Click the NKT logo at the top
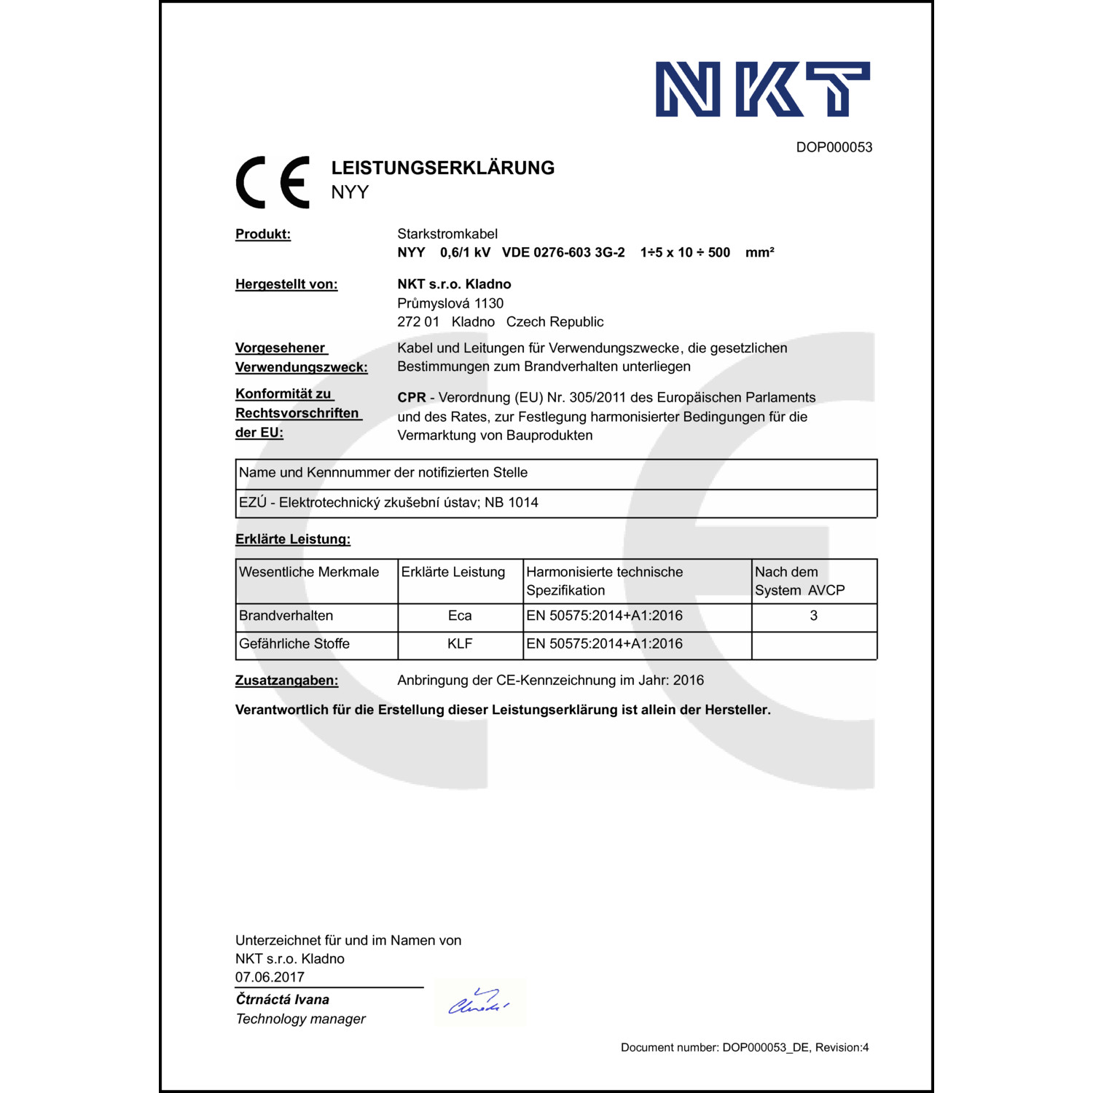762,89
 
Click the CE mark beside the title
273,182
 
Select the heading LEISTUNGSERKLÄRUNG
442,168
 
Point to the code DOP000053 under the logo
834,147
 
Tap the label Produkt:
263,234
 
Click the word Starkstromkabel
447,234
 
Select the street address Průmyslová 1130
450,303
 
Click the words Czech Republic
555,322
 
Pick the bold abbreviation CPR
412,398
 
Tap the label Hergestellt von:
286,284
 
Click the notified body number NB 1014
512,503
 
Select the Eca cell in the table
460,616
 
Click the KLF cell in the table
460,644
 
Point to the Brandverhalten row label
286,616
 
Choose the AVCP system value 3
813,616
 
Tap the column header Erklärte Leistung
453,572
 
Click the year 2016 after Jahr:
689,681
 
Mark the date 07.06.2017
270,977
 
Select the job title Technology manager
300,1019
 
